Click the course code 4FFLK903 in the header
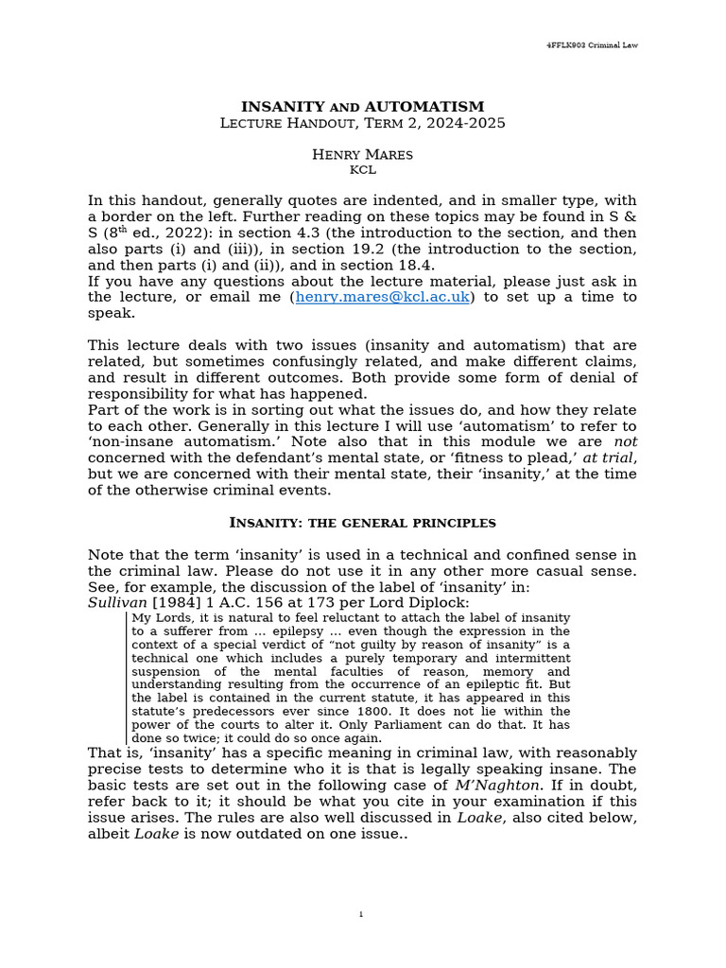[x=568, y=44]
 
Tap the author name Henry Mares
[x=362, y=154]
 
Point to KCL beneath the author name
[x=363, y=170]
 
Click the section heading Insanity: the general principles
[x=363, y=523]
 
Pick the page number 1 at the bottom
[x=362, y=913]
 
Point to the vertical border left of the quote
[x=127, y=677]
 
